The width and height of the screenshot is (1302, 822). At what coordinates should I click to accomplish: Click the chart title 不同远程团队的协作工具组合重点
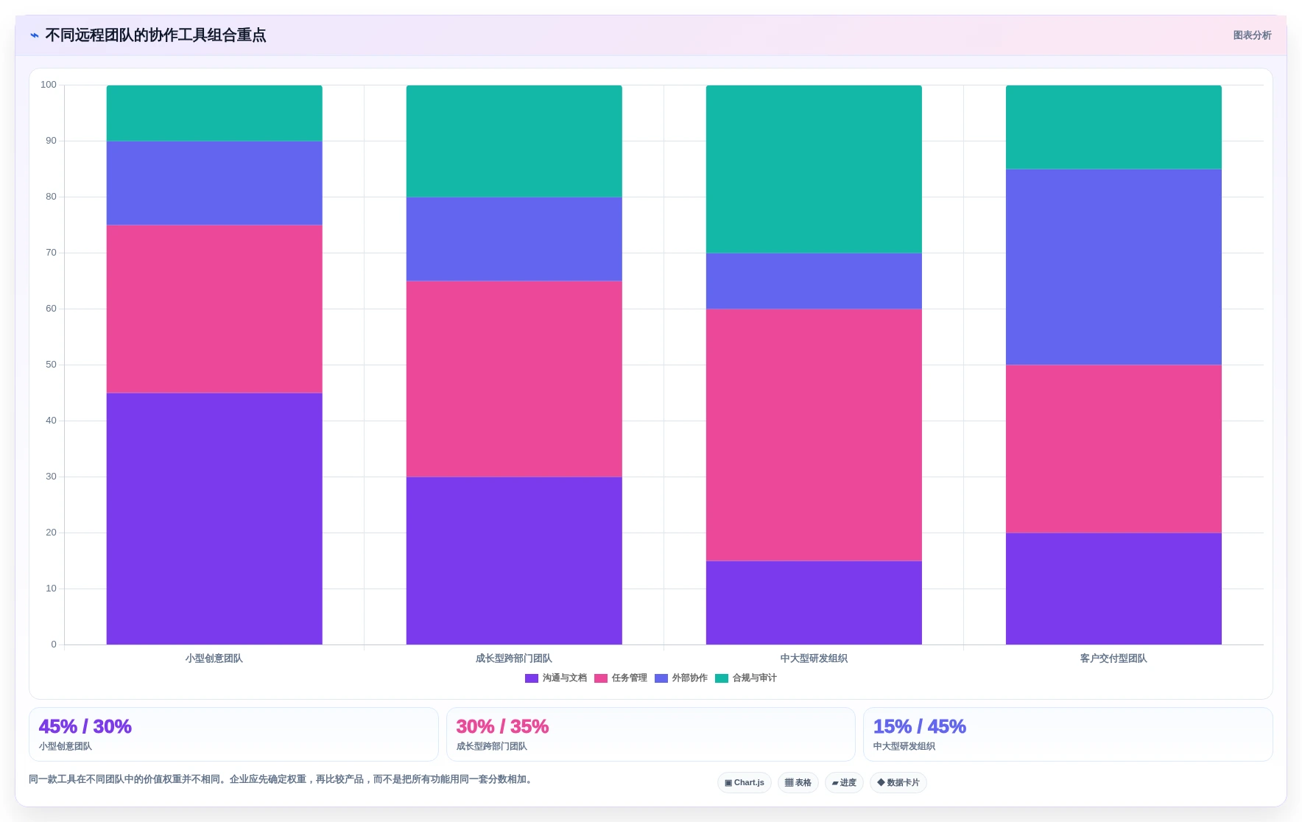pos(155,35)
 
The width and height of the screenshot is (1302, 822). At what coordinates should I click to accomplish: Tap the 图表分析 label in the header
pos(1252,35)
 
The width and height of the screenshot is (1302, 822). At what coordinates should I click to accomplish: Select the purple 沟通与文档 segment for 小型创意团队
pos(214,519)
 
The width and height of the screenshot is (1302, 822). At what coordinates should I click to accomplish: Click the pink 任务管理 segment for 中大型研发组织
pos(814,435)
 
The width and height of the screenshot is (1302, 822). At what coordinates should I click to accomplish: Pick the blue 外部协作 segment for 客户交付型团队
pos(1113,267)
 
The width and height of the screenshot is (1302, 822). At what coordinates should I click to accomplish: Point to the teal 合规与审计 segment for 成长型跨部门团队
pos(514,141)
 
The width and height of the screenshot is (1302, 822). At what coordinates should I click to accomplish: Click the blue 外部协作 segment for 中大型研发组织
pos(814,281)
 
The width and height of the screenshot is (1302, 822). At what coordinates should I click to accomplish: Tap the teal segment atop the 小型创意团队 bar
pos(214,113)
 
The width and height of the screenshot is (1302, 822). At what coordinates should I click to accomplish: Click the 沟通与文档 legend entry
pos(556,678)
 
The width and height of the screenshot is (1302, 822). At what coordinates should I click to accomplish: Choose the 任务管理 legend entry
pos(621,678)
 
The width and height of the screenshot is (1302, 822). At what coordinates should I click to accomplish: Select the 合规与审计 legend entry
pos(746,678)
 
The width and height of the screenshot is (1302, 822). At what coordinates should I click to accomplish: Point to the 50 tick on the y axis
pos(51,365)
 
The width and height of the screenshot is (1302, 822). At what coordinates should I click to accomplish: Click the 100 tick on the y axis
pos(49,85)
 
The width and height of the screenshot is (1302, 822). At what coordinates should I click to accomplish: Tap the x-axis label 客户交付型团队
pos(1113,658)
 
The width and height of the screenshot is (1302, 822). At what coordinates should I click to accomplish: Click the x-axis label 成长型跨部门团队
pos(514,658)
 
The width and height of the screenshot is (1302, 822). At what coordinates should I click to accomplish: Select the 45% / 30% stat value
pos(85,727)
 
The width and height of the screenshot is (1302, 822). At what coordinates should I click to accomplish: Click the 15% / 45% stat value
pos(920,727)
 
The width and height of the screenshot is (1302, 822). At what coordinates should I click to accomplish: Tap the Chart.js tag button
pos(745,783)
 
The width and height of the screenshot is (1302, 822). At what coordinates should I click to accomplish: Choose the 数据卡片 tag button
pos(898,783)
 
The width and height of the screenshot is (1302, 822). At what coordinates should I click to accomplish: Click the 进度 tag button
pos(844,783)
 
